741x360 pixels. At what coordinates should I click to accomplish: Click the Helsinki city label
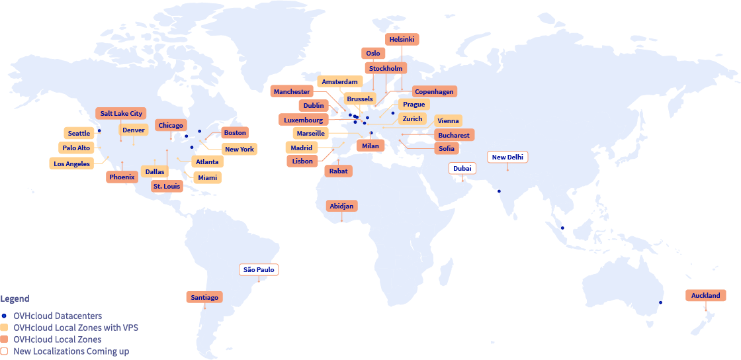coord(402,40)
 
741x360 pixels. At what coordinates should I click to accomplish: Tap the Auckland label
coord(705,295)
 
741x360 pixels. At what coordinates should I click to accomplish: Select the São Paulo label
coord(259,269)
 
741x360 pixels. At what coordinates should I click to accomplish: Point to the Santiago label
coord(204,297)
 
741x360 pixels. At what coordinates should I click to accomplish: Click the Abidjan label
coord(342,206)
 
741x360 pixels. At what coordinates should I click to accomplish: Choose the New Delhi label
coord(508,157)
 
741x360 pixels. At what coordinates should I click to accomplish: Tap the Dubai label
coord(462,168)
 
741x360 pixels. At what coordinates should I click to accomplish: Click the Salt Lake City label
coord(121,113)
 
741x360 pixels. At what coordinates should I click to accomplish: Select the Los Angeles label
coord(71,163)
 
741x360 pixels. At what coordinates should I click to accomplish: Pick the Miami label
coord(207,177)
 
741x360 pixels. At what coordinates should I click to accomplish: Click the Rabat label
coord(338,171)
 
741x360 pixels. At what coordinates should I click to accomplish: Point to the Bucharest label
coord(453,135)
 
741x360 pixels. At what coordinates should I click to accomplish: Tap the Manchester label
coord(292,91)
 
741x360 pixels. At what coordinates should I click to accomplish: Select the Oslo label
coord(373,53)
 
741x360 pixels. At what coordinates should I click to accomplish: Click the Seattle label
coord(79,134)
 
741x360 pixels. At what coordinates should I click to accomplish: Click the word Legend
coord(15,298)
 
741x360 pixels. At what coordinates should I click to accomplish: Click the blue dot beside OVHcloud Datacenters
coord(4,316)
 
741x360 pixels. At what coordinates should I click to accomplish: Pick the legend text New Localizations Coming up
coord(71,351)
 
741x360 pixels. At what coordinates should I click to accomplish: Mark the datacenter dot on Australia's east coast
coord(661,302)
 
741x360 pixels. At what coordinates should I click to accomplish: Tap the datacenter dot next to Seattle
coord(99,131)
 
